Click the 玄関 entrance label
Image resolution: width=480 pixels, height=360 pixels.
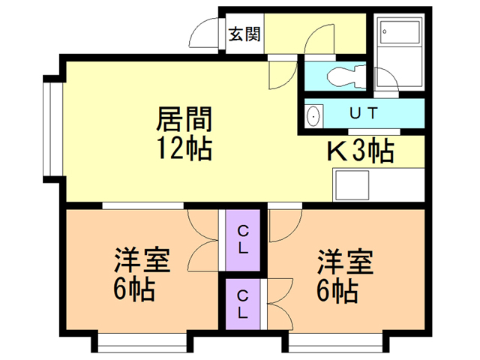pos(244,34)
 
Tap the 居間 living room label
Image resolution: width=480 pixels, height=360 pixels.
pos(184,118)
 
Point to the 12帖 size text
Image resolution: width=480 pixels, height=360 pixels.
pos(184,148)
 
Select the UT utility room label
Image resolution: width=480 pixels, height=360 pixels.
pos(364,113)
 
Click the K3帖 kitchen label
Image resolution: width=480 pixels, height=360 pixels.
pos(361,150)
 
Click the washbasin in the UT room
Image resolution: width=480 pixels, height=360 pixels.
pos(313,115)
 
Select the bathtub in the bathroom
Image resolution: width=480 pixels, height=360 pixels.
pos(400,31)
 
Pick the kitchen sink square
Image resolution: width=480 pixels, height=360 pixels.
pos(352,184)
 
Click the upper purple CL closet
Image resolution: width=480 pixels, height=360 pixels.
pos(243,240)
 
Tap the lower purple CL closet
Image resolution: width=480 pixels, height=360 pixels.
pos(243,304)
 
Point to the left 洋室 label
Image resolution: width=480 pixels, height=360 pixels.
pos(142,261)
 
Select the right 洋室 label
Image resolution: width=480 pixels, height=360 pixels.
pos(345,261)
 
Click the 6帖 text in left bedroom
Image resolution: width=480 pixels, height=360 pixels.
pos(134,290)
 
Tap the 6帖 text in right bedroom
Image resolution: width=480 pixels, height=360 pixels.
pos(337,290)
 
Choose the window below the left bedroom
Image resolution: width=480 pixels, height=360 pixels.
pos(142,343)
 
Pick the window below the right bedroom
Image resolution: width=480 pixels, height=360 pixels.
pos(335,343)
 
